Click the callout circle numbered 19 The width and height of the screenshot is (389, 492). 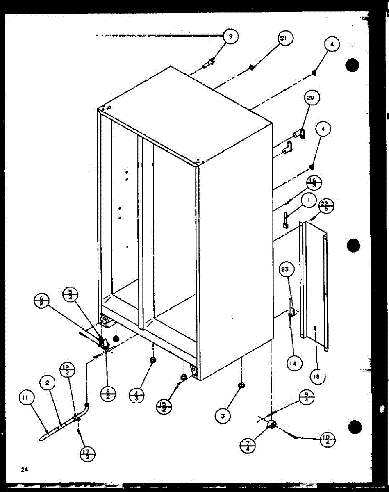[230, 36]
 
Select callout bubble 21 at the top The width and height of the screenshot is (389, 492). [284, 39]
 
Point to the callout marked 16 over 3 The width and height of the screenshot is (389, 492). [313, 183]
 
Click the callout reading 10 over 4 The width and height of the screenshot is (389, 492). [327, 442]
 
